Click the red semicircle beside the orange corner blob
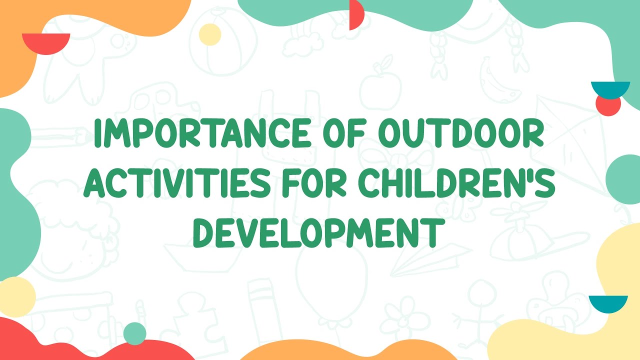point(46,42)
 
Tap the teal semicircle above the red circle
point(609,89)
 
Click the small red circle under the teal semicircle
point(608,105)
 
